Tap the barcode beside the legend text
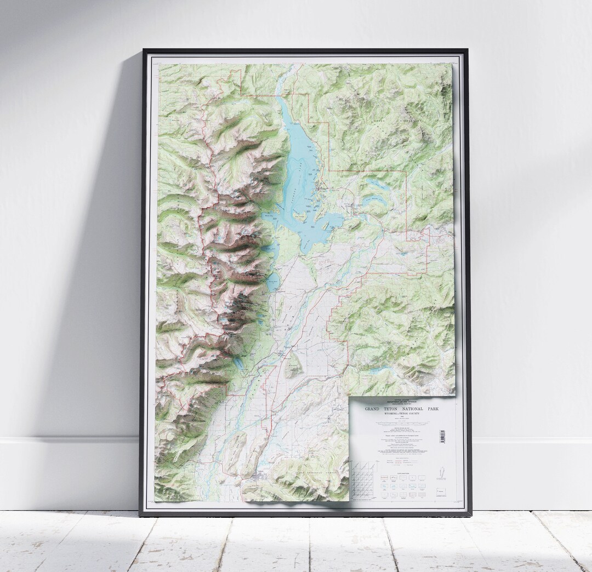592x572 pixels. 442,436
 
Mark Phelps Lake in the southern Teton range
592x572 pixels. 239,364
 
